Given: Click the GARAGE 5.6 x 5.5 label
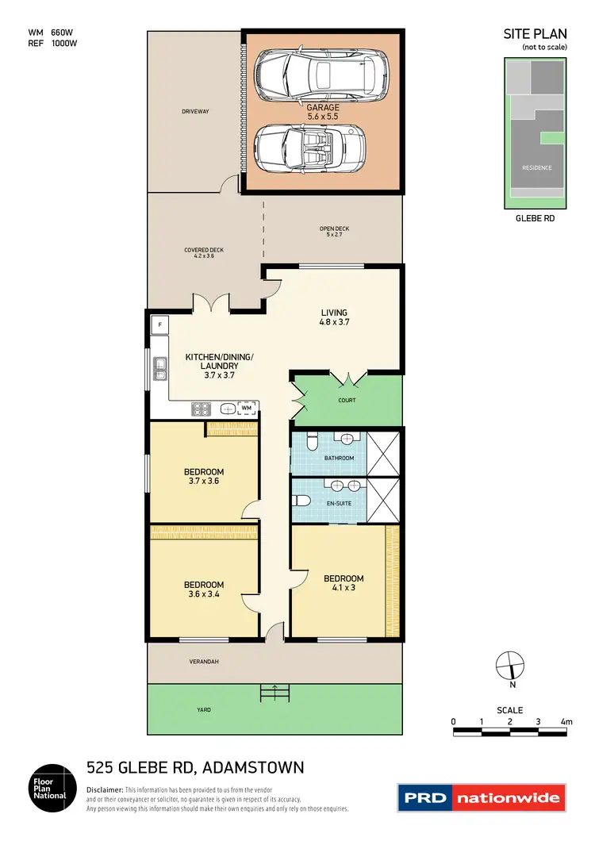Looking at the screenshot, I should (x=323, y=112).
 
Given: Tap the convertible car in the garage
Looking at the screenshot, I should (x=310, y=149).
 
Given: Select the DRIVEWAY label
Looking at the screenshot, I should (x=194, y=112).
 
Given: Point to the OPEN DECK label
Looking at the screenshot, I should (x=334, y=232).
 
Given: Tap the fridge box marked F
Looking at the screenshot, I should (x=159, y=324).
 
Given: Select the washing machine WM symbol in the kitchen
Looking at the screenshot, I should (x=247, y=408).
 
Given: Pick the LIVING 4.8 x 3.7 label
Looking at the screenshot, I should (x=334, y=317).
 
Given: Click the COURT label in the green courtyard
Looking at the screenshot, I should (x=347, y=401).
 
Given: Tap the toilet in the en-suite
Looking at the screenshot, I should (x=301, y=501).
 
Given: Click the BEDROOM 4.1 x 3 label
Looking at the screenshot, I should (x=343, y=583).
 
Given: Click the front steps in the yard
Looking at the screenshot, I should (x=274, y=693).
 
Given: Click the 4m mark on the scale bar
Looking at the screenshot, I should (x=566, y=722).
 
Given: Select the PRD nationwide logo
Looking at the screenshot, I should (x=482, y=797).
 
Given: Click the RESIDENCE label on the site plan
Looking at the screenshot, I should (x=536, y=167).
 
